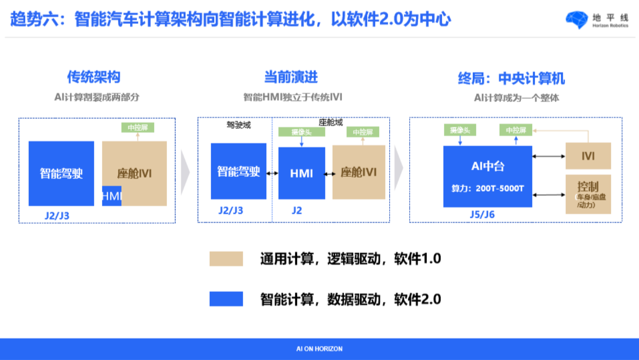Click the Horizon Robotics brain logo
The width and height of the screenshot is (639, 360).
577,20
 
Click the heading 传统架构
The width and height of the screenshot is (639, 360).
94,77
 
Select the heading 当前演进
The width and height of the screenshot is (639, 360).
291,77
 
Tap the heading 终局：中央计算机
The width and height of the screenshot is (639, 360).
511,78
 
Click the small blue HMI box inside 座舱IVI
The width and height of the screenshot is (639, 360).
112,196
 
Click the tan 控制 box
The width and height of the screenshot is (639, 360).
588,194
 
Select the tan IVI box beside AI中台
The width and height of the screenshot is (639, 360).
588,156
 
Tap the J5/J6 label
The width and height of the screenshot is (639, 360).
482,215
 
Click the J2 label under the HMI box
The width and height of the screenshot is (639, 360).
297,210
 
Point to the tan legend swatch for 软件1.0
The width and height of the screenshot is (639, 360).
226,259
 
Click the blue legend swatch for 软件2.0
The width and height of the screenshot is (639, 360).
226,299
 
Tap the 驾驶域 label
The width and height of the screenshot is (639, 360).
239,126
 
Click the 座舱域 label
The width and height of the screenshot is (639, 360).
330,123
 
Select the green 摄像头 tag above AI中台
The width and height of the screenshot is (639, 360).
460,130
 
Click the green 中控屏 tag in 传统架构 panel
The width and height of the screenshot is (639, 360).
138,127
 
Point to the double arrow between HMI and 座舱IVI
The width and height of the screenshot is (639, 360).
329,174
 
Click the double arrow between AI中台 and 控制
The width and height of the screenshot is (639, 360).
549,195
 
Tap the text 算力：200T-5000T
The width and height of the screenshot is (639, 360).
488,188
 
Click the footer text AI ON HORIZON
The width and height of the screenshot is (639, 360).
319,349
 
